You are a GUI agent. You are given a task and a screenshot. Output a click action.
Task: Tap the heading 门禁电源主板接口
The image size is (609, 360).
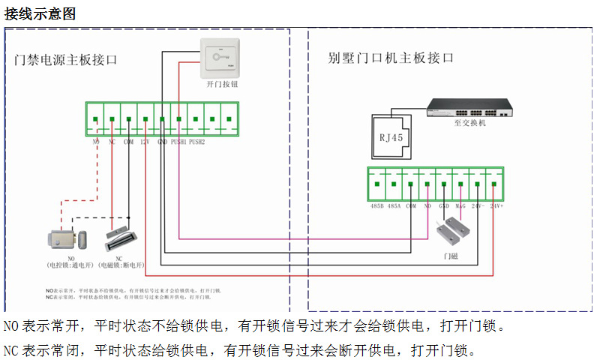click(67, 60)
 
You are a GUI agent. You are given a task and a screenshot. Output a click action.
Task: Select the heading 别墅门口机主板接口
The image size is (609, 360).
click(391, 58)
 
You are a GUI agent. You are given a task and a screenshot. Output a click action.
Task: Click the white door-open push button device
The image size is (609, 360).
click(223, 58)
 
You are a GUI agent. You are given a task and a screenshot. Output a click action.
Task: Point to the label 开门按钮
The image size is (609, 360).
click(222, 85)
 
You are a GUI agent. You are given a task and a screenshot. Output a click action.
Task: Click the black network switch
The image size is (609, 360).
click(470, 109)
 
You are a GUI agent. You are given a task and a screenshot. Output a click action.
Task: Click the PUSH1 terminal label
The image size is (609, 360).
click(178, 142)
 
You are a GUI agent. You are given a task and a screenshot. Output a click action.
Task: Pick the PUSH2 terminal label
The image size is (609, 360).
click(196, 142)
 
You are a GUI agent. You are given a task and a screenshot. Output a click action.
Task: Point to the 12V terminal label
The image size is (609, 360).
click(145, 142)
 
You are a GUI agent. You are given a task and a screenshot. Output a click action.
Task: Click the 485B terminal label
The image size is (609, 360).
click(377, 205)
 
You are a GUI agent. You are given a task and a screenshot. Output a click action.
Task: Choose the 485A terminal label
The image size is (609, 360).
click(394, 205)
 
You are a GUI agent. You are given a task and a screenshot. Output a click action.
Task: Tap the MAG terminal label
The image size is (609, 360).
click(460, 205)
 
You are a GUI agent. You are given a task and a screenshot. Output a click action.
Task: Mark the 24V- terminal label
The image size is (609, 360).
click(477, 205)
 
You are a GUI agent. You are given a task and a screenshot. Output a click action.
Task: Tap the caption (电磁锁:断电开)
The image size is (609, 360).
click(118, 265)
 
